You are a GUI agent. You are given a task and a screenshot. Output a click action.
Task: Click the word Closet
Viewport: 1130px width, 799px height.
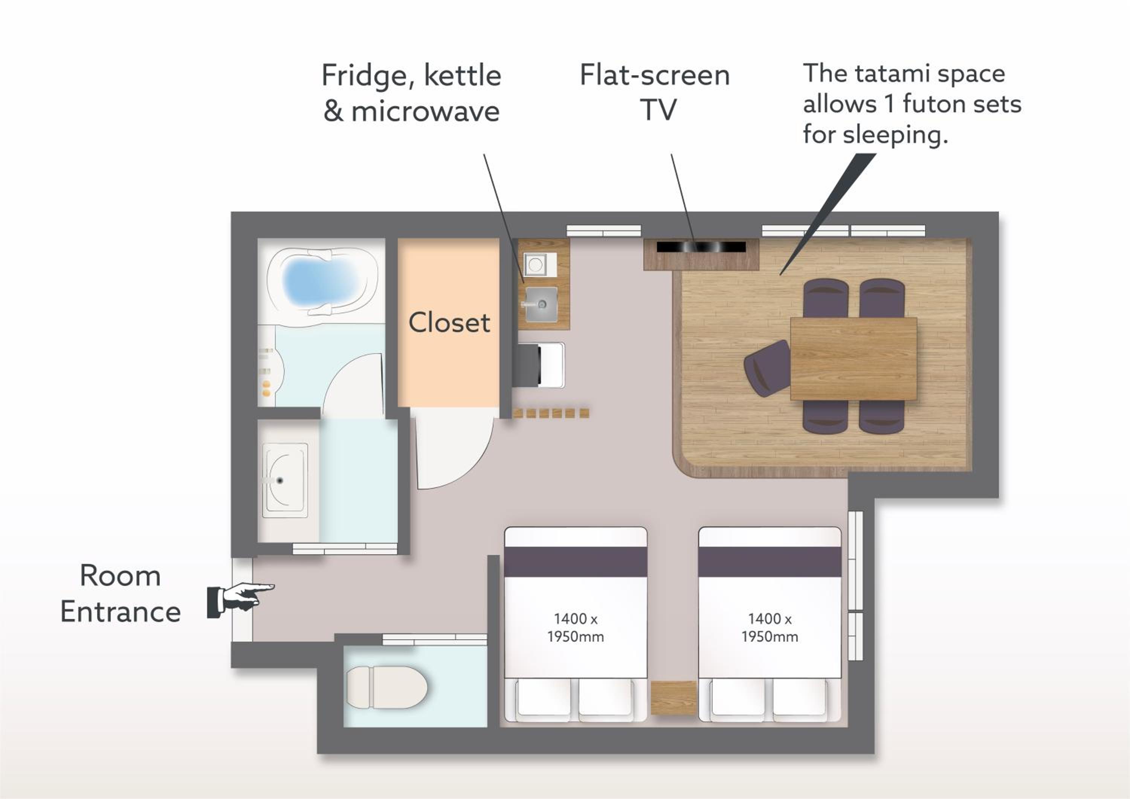(449, 323)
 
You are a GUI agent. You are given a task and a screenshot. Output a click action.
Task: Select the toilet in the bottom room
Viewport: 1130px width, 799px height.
(387, 687)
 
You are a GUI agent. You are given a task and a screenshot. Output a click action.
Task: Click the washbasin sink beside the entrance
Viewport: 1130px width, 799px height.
(285, 480)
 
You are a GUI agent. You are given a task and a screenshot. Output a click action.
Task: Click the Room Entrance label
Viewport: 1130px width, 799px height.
(121, 594)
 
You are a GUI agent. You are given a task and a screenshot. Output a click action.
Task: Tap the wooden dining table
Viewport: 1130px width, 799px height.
(854, 359)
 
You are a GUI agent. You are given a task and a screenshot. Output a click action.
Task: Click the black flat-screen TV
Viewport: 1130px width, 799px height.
(701, 247)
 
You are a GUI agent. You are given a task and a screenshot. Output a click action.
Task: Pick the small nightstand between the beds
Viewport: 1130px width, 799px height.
(673, 698)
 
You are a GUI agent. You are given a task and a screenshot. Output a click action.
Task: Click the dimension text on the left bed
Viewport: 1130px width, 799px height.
(575, 627)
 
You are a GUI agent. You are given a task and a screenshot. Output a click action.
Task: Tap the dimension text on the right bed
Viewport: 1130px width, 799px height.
(770, 627)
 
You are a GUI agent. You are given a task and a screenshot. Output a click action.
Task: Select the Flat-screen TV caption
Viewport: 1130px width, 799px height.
(655, 92)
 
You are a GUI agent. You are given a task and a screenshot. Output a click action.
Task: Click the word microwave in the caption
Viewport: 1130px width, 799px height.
(425, 111)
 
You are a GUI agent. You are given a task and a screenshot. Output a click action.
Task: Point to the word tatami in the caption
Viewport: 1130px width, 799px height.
(892, 74)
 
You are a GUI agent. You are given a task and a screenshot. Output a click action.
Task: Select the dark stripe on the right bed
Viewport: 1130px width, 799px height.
(770, 562)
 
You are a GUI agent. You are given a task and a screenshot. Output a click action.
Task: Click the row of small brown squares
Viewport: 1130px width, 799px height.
(551, 413)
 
